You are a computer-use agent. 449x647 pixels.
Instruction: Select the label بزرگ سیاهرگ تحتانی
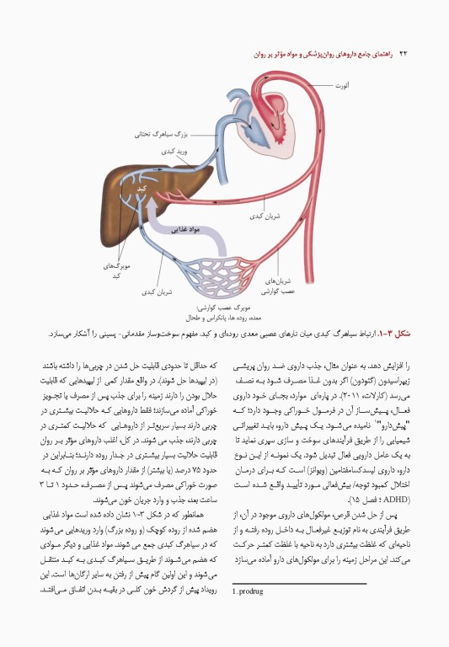163,133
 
